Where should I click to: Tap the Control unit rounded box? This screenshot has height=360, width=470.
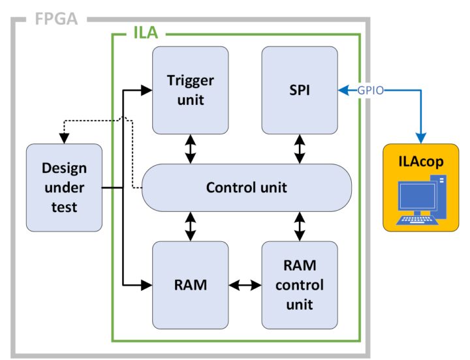246,188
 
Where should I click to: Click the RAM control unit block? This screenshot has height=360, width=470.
300,285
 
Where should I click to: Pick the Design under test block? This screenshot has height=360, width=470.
64,187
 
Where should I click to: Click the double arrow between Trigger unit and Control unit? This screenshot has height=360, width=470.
190,149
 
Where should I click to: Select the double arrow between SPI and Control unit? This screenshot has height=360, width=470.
300,149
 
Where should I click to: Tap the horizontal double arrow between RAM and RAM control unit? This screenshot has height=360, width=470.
245,285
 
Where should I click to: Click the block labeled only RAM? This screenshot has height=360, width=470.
190,285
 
